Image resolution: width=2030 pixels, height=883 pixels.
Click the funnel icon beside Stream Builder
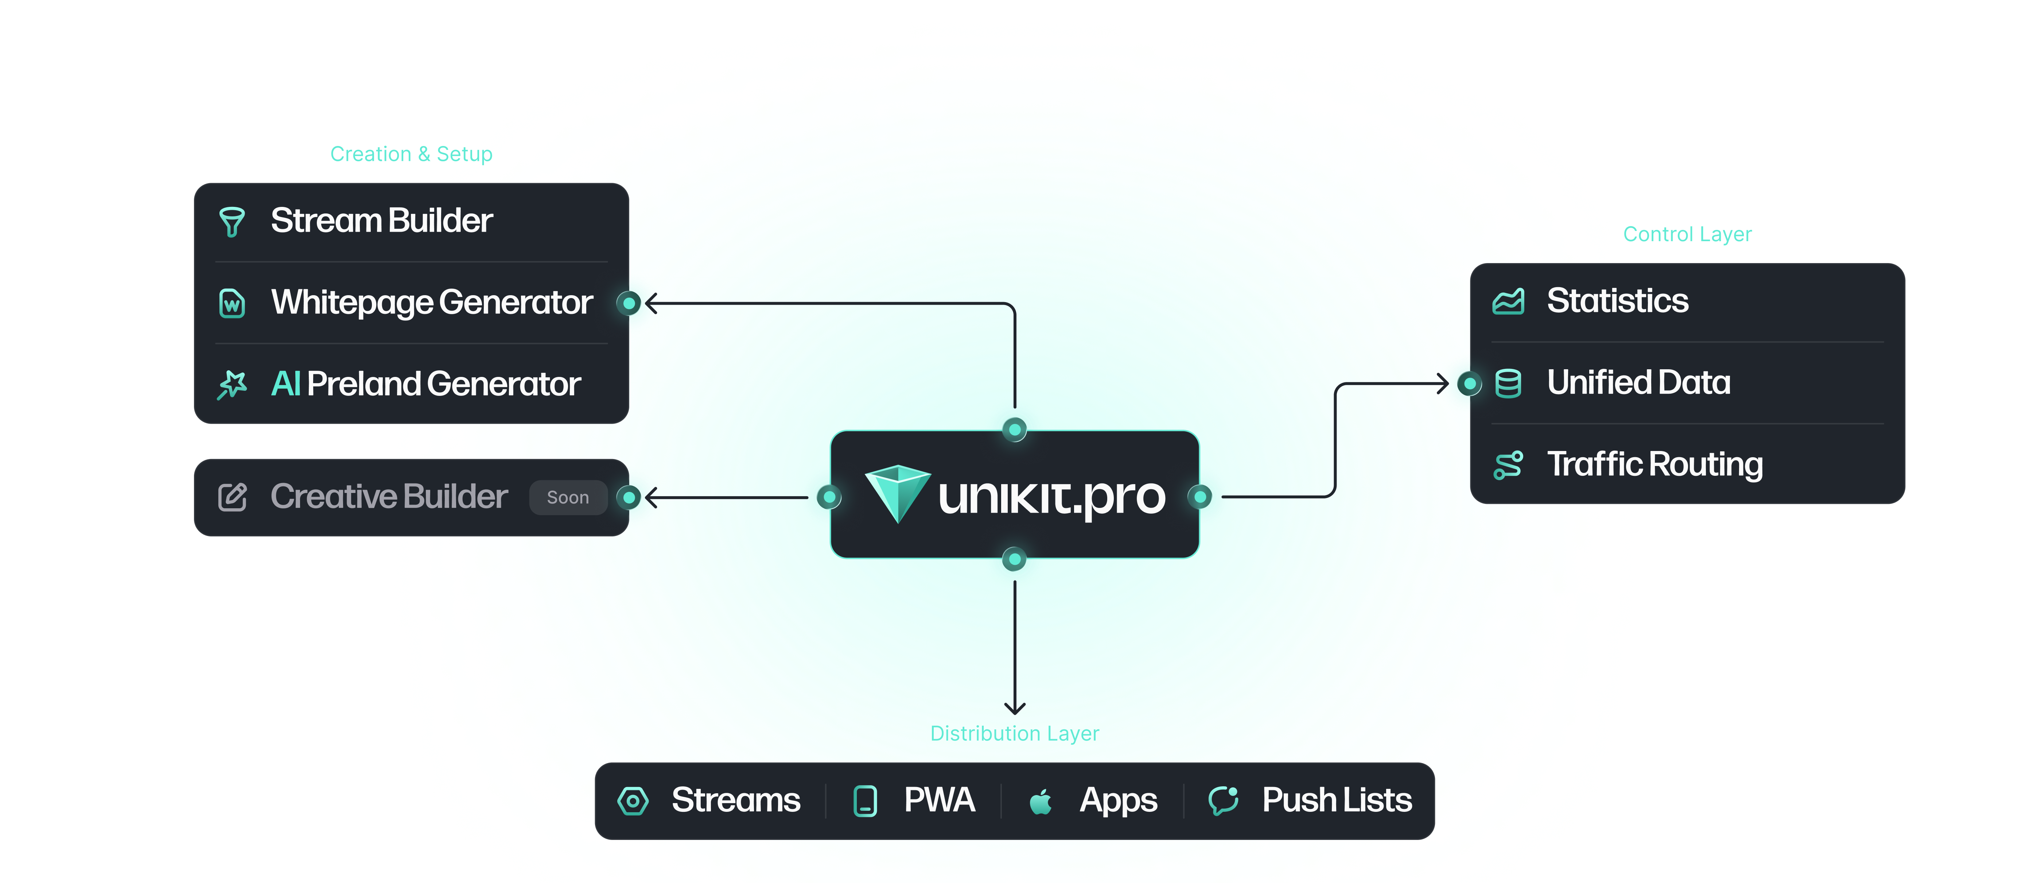click(x=232, y=221)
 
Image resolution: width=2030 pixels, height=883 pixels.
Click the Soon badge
click(x=567, y=497)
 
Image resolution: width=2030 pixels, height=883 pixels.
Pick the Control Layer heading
click(x=1687, y=234)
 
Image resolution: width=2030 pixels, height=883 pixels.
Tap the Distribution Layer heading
click(x=1014, y=733)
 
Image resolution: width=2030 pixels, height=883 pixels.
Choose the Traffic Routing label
click(x=1655, y=464)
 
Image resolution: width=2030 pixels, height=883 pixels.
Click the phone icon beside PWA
click(x=865, y=801)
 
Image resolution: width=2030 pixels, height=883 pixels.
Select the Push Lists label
click(x=1337, y=800)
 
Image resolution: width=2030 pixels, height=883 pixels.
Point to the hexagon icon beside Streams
click(x=633, y=801)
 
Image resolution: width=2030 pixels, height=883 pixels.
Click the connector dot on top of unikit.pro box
click(x=1014, y=430)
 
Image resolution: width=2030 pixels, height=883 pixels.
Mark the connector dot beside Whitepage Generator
click(x=629, y=303)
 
